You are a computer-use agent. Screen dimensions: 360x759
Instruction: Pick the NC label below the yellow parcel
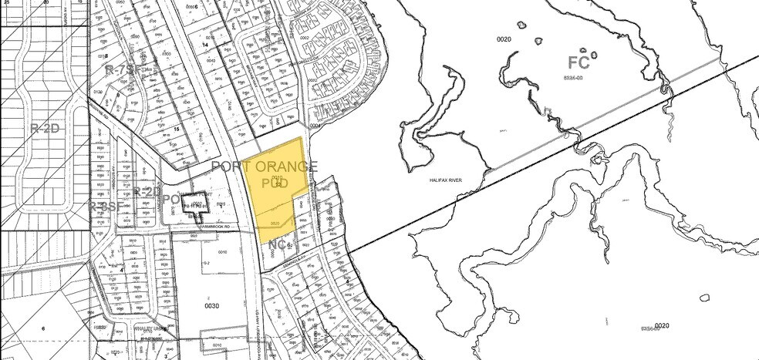[x=279, y=245]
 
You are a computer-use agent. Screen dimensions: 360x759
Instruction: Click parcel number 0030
[x=212, y=305]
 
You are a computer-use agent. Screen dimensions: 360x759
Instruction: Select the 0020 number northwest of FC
[x=504, y=39]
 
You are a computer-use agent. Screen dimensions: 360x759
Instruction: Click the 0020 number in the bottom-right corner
[x=660, y=326]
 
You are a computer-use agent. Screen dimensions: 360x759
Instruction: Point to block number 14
[x=206, y=45]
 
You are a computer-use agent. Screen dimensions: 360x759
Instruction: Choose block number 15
[x=177, y=129]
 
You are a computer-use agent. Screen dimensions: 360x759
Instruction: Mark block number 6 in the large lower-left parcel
[x=44, y=328]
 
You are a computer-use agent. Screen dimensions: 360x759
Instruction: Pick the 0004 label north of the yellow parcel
[x=315, y=126]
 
